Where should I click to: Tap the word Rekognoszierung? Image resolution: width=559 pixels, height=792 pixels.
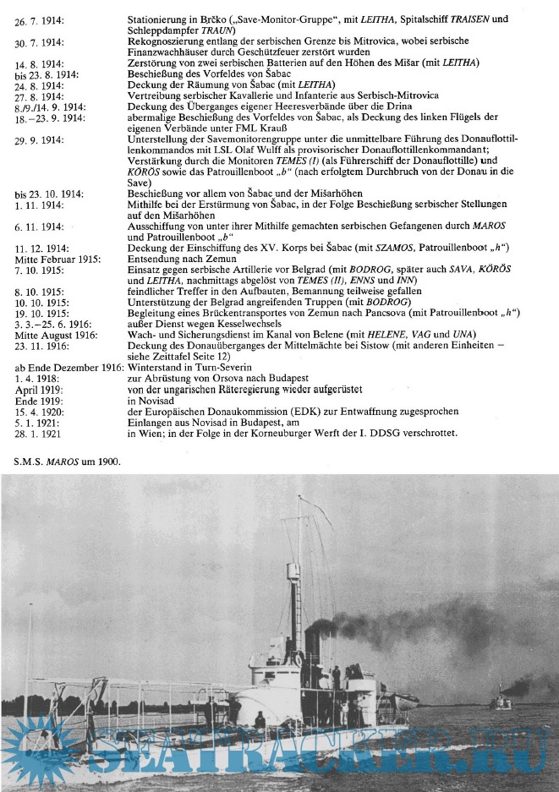click(169, 41)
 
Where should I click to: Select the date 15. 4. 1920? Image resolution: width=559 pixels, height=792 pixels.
click(37, 411)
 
